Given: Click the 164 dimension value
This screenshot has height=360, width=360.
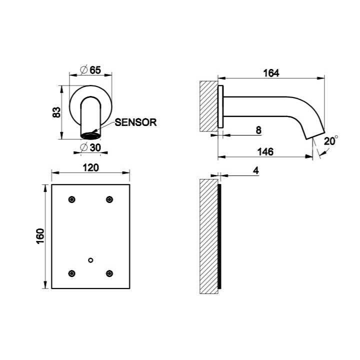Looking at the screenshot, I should click(271, 73).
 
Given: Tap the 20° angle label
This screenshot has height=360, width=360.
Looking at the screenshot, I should click(330, 141).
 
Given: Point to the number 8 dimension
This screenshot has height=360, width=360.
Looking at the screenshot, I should click(258, 130).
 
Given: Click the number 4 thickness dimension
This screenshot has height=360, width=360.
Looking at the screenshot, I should click(255, 170).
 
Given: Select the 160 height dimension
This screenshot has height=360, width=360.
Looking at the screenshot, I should click(40, 236).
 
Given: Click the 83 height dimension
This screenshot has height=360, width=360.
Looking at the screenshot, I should click(56, 112).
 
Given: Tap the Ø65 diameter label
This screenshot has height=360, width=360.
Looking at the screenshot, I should click(91, 70).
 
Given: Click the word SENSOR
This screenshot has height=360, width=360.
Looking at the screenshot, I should click(135, 122).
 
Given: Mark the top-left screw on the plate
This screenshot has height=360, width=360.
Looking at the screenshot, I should click(72, 199).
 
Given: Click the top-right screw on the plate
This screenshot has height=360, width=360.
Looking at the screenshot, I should click(109, 199).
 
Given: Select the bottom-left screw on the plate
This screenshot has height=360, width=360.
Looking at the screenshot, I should click(72, 273).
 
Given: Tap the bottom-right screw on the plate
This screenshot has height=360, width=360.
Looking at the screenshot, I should click(109, 273).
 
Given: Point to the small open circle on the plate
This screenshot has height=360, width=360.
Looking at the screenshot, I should click(90, 259).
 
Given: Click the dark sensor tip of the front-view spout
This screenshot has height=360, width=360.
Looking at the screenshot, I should click(91, 135).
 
